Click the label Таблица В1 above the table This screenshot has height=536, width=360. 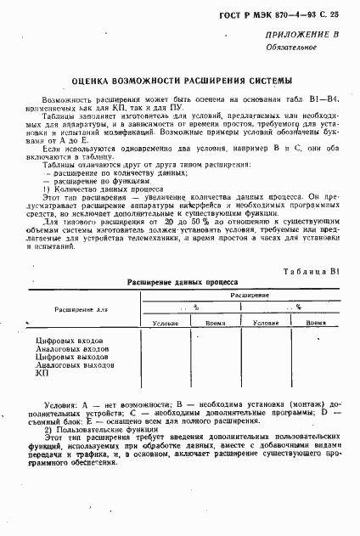pos(312,270)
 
